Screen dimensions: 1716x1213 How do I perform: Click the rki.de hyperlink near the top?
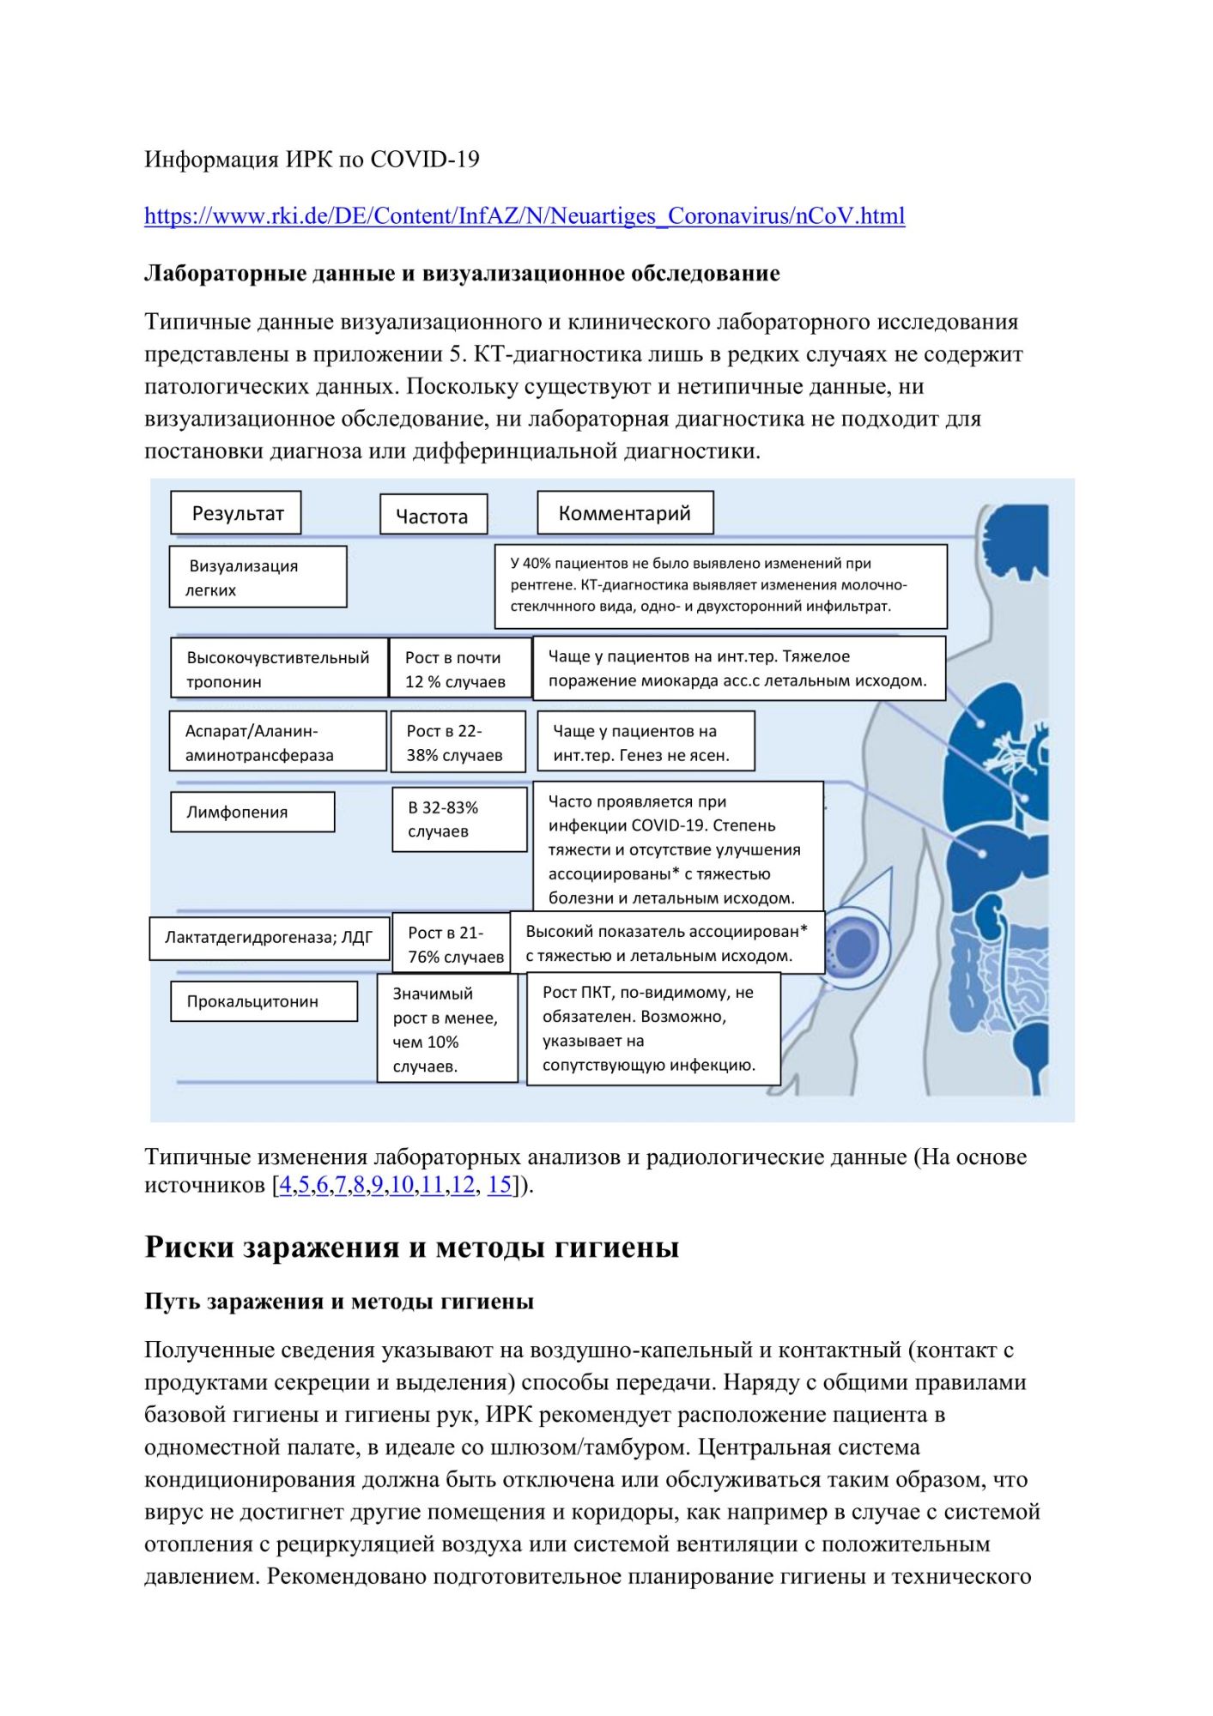tap(524, 216)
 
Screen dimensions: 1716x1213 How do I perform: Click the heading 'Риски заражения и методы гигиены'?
tap(411, 1247)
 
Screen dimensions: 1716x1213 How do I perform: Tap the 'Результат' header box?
tap(236, 513)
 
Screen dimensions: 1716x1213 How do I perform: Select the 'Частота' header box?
tap(433, 516)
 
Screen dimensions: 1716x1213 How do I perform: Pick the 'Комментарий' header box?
tap(625, 513)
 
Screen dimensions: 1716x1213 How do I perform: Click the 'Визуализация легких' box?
tap(258, 577)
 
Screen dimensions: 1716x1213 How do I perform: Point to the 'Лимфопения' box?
tap(252, 812)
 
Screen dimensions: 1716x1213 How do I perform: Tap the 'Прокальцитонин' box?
tap(264, 1001)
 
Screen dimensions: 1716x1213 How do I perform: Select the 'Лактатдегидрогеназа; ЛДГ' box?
tap(269, 937)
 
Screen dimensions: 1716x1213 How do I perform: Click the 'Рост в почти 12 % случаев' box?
tap(459, 669)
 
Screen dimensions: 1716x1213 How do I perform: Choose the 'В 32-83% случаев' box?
tap(458, 819)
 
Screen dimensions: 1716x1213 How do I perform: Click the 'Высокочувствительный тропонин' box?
tap(278, 669)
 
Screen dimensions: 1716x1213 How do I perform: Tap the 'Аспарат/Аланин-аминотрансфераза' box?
tap(277, 743)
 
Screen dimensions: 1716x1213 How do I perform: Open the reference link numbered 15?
tap(500, 1185)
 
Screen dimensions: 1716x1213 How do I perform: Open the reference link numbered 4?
tap(285, 1185)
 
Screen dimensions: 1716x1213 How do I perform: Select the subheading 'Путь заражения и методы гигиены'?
tap(339, 1302)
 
